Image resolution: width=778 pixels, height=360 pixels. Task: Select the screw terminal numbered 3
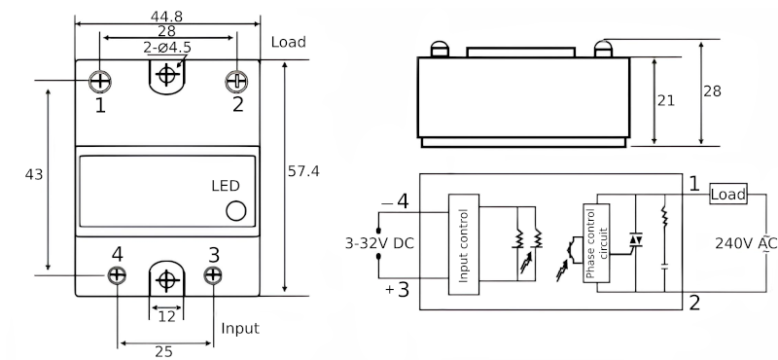[213, 275]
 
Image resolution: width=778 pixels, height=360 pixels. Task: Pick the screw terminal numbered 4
[117, 275]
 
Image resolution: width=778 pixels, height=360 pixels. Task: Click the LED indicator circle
[235, 210]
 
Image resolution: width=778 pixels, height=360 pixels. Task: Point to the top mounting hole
[167, 74]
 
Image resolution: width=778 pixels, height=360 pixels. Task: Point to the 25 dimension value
[164, 351]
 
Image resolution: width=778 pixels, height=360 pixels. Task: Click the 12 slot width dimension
[166, 317]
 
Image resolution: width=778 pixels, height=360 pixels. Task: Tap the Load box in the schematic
[727, 195]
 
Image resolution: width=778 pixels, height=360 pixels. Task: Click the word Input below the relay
[240, 328]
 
